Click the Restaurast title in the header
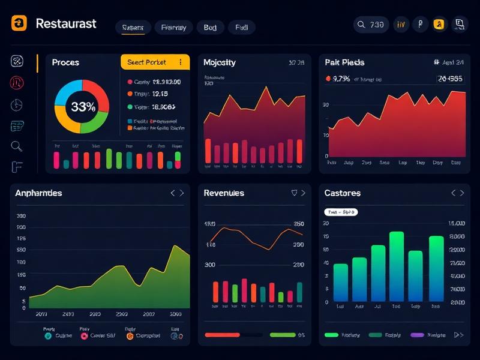click(x=66, y=24)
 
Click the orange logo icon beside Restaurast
click(x=19, y=23)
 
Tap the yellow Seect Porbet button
click(x=155, y=62)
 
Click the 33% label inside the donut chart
click(x=83, y=107)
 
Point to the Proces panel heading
click(x=65, y=62)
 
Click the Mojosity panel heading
click(x=220, y=62)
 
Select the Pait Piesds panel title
click(x=344, y=62)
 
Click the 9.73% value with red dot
click(x=341, y=78)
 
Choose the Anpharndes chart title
click(x=38, y=193)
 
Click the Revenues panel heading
click(x=224, y=193)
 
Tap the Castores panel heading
click(x=342, y=193)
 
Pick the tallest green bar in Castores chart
click(x=397, y=266)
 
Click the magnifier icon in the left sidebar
click(x=17, y=146)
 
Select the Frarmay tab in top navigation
click(x=174, y=27)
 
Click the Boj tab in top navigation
click(x=210, y=27)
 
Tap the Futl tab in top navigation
click(x=241, y=27)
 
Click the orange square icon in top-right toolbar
click(x=440, y=25)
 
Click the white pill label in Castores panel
click(x=341, y=212)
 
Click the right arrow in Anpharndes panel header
click(x=182, y=193)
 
